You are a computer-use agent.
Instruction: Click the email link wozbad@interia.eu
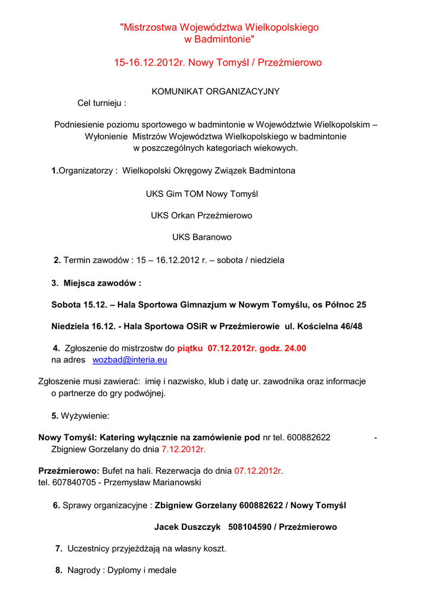click(129, 360)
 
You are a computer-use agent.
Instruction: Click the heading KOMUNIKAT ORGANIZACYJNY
click(216, 91)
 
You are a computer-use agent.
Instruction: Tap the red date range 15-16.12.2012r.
click(149, 63)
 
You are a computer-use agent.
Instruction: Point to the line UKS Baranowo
click(202, 237)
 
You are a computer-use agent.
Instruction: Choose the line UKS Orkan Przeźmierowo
click(201, 215)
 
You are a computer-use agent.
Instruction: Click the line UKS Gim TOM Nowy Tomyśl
click(202, 194)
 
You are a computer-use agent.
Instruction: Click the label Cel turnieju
click(101, 103)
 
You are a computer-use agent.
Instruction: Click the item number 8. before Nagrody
click(59, 570)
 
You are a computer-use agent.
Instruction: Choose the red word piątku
click(190, 348)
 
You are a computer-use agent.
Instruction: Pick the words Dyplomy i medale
click(142, 570)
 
